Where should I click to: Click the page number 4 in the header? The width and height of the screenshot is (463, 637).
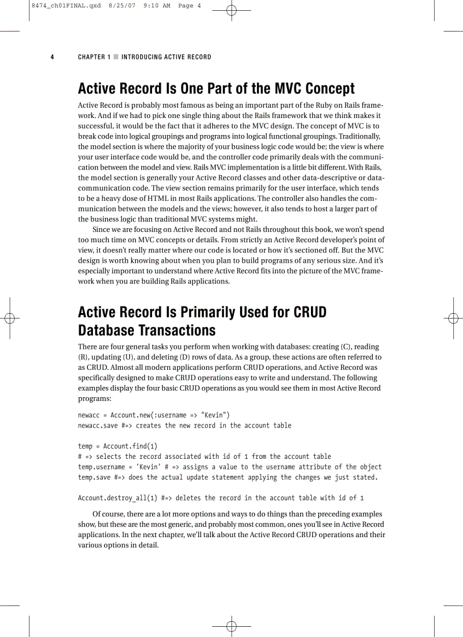click(52, 57)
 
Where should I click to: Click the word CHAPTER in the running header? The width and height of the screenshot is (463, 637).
click(91, 57)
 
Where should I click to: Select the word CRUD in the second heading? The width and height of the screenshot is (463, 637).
click(310, 313)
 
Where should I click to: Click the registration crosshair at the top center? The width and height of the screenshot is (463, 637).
click(231, 10)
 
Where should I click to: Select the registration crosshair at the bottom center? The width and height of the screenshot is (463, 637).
click(231, 626)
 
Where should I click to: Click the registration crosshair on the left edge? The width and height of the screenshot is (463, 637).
click(9, 318)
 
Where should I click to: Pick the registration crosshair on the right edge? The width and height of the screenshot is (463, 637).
click(453, 318)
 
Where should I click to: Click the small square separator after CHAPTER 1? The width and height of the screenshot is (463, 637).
click(116, 57)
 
